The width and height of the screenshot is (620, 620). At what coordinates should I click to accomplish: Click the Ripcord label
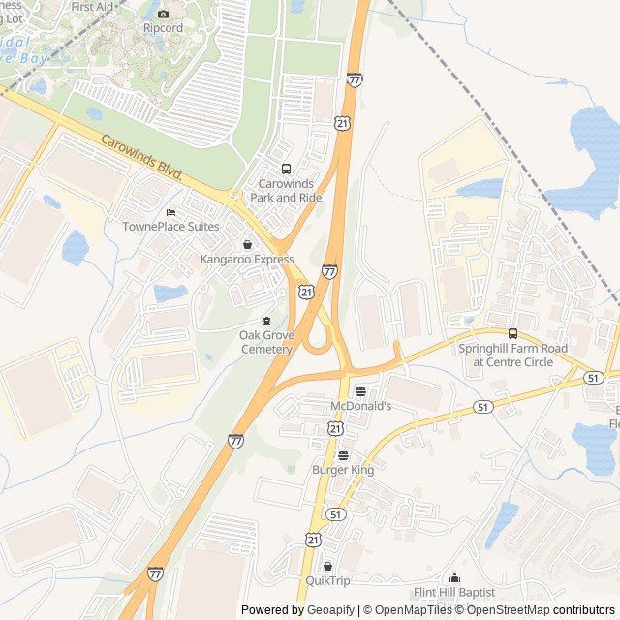click(163, 28)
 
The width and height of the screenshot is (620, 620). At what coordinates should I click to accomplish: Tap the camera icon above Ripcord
click(163, 14)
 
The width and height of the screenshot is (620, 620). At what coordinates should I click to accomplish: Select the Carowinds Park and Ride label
click(285, 190)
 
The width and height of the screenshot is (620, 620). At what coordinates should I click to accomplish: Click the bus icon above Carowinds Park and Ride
click(285, 170)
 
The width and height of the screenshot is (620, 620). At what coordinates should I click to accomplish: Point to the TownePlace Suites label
click(170, 227)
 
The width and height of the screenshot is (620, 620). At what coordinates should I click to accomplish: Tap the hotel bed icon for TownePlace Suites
click(170, 213)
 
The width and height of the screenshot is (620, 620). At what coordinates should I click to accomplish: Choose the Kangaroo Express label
click(247, 260)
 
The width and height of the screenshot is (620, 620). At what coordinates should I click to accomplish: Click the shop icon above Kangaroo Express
click(247, 245)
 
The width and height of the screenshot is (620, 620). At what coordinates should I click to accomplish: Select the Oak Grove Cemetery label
click(265, 342)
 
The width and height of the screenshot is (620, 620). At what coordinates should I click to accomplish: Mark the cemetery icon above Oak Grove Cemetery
click(265, 321)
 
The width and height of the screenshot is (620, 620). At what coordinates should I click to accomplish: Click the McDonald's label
click(360, 406)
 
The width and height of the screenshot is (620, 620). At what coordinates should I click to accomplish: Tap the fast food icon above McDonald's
click(360, 391)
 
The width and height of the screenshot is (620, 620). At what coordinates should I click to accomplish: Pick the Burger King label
click(342, 470)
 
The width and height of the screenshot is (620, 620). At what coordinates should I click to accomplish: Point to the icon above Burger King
click(342, 455)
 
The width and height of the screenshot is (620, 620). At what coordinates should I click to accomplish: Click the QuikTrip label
click(327, 580)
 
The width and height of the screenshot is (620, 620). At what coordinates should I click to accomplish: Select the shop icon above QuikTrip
click(327, 566)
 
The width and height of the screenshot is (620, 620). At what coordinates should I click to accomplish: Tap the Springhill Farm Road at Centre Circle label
click(513, 356)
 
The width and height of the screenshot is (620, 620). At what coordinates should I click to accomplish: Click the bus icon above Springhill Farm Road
click(512, 334)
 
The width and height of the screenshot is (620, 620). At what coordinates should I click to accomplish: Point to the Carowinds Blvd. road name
click(142, 156)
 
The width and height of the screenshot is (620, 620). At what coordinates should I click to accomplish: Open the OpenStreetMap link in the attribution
click(501, 610)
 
